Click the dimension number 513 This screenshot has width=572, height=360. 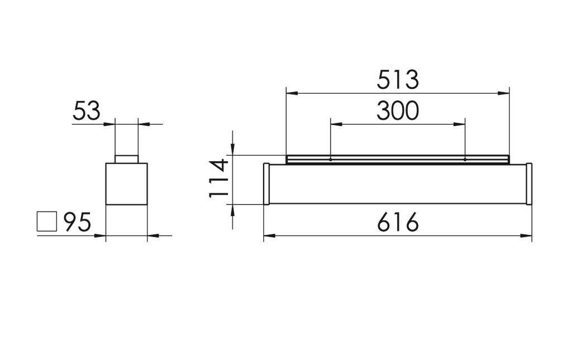(x=397, y=80)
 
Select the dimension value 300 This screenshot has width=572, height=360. (x=397, y=111)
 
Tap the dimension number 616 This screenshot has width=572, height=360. (x=397, y=223)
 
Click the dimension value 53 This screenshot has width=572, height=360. (x=87, y=111)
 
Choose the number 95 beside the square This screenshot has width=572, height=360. (x=77, y=222)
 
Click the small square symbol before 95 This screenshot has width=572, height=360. (x=46, y=222)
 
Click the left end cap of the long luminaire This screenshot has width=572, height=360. (x=266, y=184)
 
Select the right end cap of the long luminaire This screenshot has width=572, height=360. (x=529, y=184)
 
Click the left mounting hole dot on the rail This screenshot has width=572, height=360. (x=331, y=160)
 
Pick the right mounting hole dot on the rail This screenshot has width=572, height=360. (x=465, y=160)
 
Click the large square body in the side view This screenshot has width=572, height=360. (x=126, y=184)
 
